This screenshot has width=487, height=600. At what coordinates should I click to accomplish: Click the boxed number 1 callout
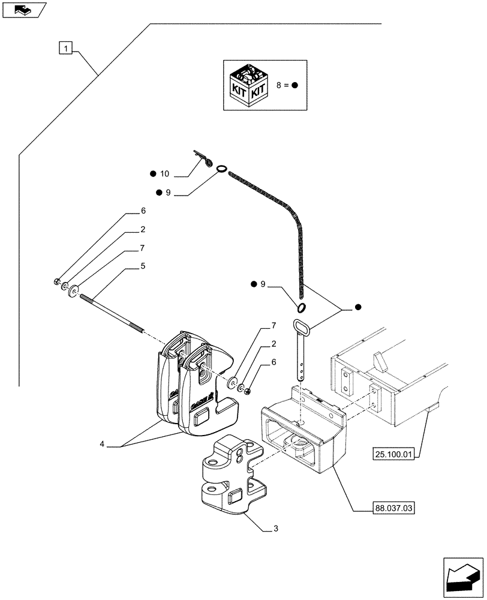pos(66,47)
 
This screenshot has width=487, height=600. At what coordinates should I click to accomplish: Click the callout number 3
pos(275,528)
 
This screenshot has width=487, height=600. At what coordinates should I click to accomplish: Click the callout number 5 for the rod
pos(143,265)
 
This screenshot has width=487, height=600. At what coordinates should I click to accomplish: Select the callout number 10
pos(165,174)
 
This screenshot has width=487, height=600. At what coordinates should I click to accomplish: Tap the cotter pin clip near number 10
pos(205,159)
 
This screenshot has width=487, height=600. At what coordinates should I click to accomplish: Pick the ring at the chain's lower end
pos(302,308)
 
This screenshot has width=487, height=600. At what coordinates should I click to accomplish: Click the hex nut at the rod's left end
pos(55,281)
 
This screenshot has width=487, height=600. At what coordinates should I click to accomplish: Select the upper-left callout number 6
pos(143,211)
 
